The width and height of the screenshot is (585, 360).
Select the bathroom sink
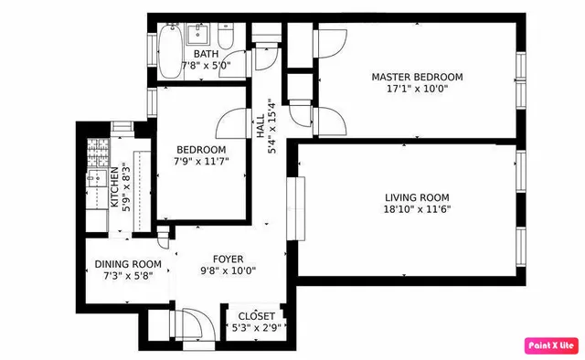tap(199, 37)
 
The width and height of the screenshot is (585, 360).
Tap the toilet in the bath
tap(228, 37)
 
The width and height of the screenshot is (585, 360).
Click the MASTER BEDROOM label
tap(417, 77)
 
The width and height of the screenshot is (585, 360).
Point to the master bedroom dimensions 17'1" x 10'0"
tap(417, 90)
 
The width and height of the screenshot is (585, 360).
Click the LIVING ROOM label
tap(417, 197)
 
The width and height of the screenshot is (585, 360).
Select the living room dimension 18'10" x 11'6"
tap(417, 210)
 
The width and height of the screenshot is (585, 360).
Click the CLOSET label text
tap(250, 316)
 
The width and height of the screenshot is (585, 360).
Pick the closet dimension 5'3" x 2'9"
tap(250, 328)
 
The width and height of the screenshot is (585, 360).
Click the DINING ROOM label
tap(128, 264)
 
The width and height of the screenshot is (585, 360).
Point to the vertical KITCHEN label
tap(115, 186)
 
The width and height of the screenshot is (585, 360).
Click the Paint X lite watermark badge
tap(550, 345)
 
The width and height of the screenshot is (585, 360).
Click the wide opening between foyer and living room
tap(294, 208)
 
